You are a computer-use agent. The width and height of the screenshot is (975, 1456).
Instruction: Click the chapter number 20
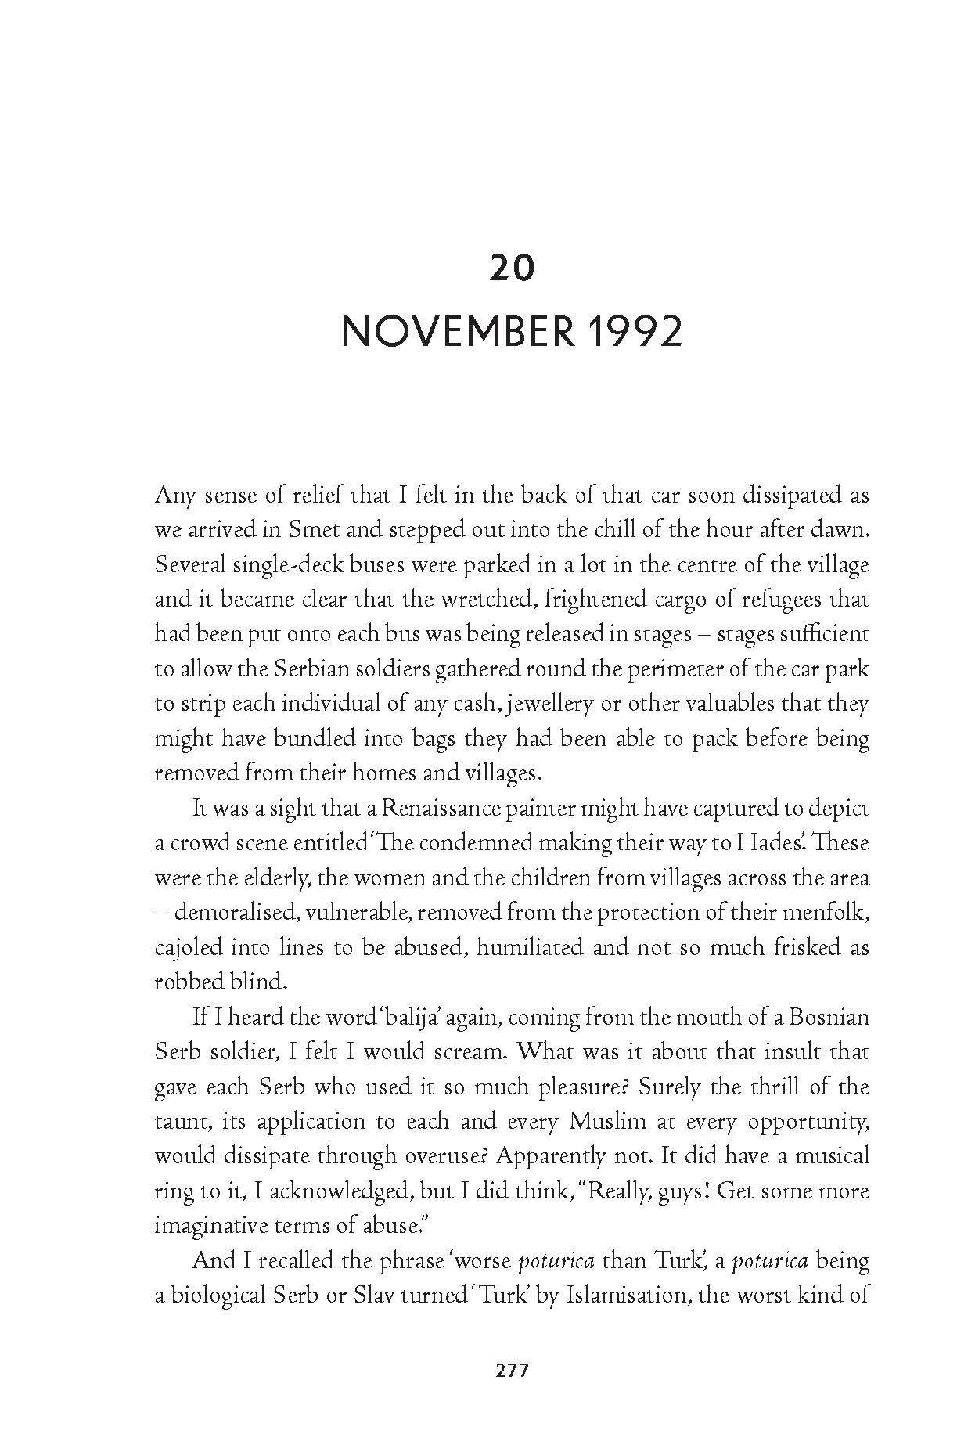(x=512, y=268)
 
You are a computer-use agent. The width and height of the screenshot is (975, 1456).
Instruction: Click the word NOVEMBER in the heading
(x=457, y=332)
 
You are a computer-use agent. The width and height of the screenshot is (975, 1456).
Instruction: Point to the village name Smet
(x=313, y=530)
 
